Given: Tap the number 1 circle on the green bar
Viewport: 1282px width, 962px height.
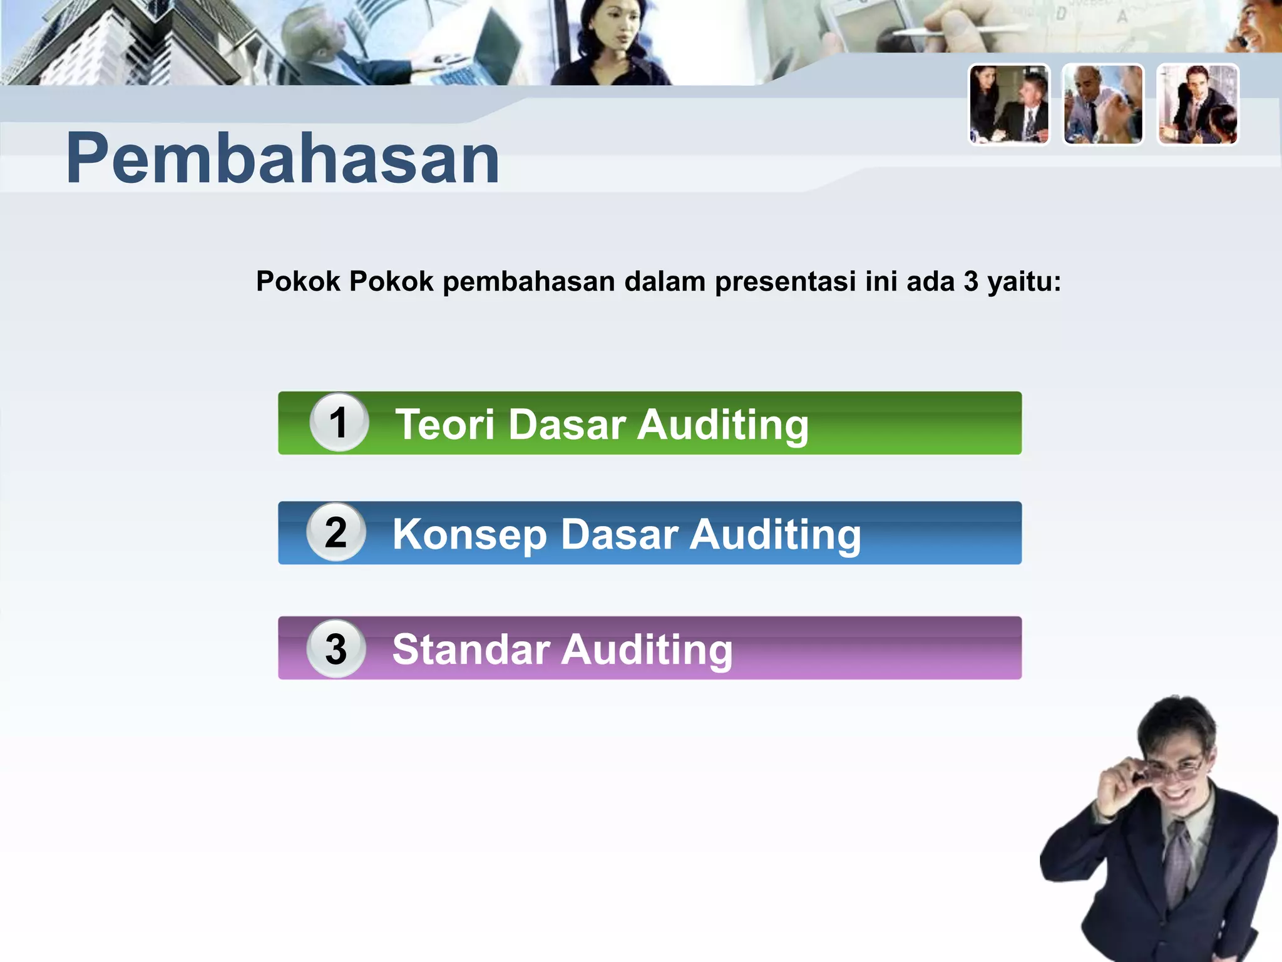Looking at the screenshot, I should coord(339,422).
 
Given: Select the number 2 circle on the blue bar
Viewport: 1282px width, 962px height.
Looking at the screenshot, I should coord(336,532).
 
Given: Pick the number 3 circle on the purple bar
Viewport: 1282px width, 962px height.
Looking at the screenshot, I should coord(336,648).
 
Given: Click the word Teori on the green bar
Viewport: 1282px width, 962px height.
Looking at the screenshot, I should coord(446,425).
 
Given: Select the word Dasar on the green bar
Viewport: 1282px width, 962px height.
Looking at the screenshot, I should coord(567,425).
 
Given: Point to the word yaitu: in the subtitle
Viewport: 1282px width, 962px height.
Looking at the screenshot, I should coord(1024,282).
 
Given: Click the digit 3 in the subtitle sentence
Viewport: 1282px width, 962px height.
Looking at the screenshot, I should coord(971,282).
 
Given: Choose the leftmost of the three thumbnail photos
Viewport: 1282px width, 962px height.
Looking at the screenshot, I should coord(1009,105).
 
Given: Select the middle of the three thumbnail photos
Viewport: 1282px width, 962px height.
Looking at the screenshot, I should coord(1103,105).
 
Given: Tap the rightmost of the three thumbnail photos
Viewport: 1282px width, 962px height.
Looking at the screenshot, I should coord(1197,105).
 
